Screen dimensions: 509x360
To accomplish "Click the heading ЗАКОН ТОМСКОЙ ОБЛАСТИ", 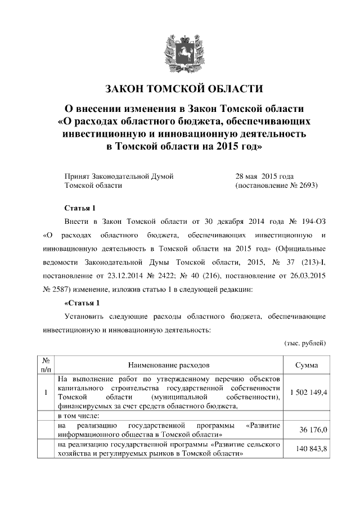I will pyautogui.click(x=184, y=89).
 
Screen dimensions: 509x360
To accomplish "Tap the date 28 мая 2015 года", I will pyautogui.click(x=264, y=176).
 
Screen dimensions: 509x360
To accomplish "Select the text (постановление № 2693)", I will pyautogui.click(x=276, y=185).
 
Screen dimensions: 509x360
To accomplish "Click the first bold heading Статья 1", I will pyautogui.click(x=82, y=208).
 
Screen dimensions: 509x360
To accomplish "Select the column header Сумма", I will pyautogui.click(x=307, y=365).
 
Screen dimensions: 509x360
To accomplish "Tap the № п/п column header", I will pyautogui.click(x=47, y=365).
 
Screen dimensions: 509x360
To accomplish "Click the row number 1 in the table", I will pyautogui.click(x=47, y=392).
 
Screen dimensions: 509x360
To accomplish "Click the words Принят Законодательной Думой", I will pyautogui.click(x=119, y=176).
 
